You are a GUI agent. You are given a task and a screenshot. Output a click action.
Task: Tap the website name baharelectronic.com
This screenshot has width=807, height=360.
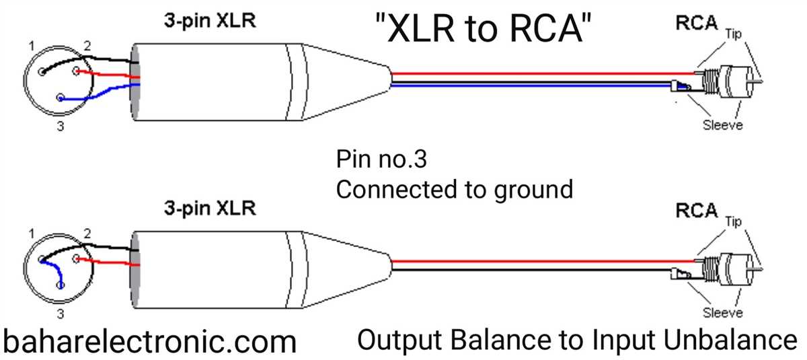pos(149,341)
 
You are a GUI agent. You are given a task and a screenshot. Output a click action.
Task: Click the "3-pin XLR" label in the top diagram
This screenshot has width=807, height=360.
pos(210,22)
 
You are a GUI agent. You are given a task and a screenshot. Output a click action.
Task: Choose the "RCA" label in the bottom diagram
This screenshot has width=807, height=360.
pos(695,211)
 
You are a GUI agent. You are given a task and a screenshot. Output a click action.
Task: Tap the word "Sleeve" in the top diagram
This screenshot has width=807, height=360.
pos(722,125)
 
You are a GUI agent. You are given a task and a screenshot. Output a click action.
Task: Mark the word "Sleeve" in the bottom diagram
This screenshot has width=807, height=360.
pos(722,312)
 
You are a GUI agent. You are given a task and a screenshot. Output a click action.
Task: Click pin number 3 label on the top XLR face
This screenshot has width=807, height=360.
pos(60,126)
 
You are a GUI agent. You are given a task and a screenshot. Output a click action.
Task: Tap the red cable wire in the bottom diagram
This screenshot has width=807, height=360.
pos(538,260)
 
